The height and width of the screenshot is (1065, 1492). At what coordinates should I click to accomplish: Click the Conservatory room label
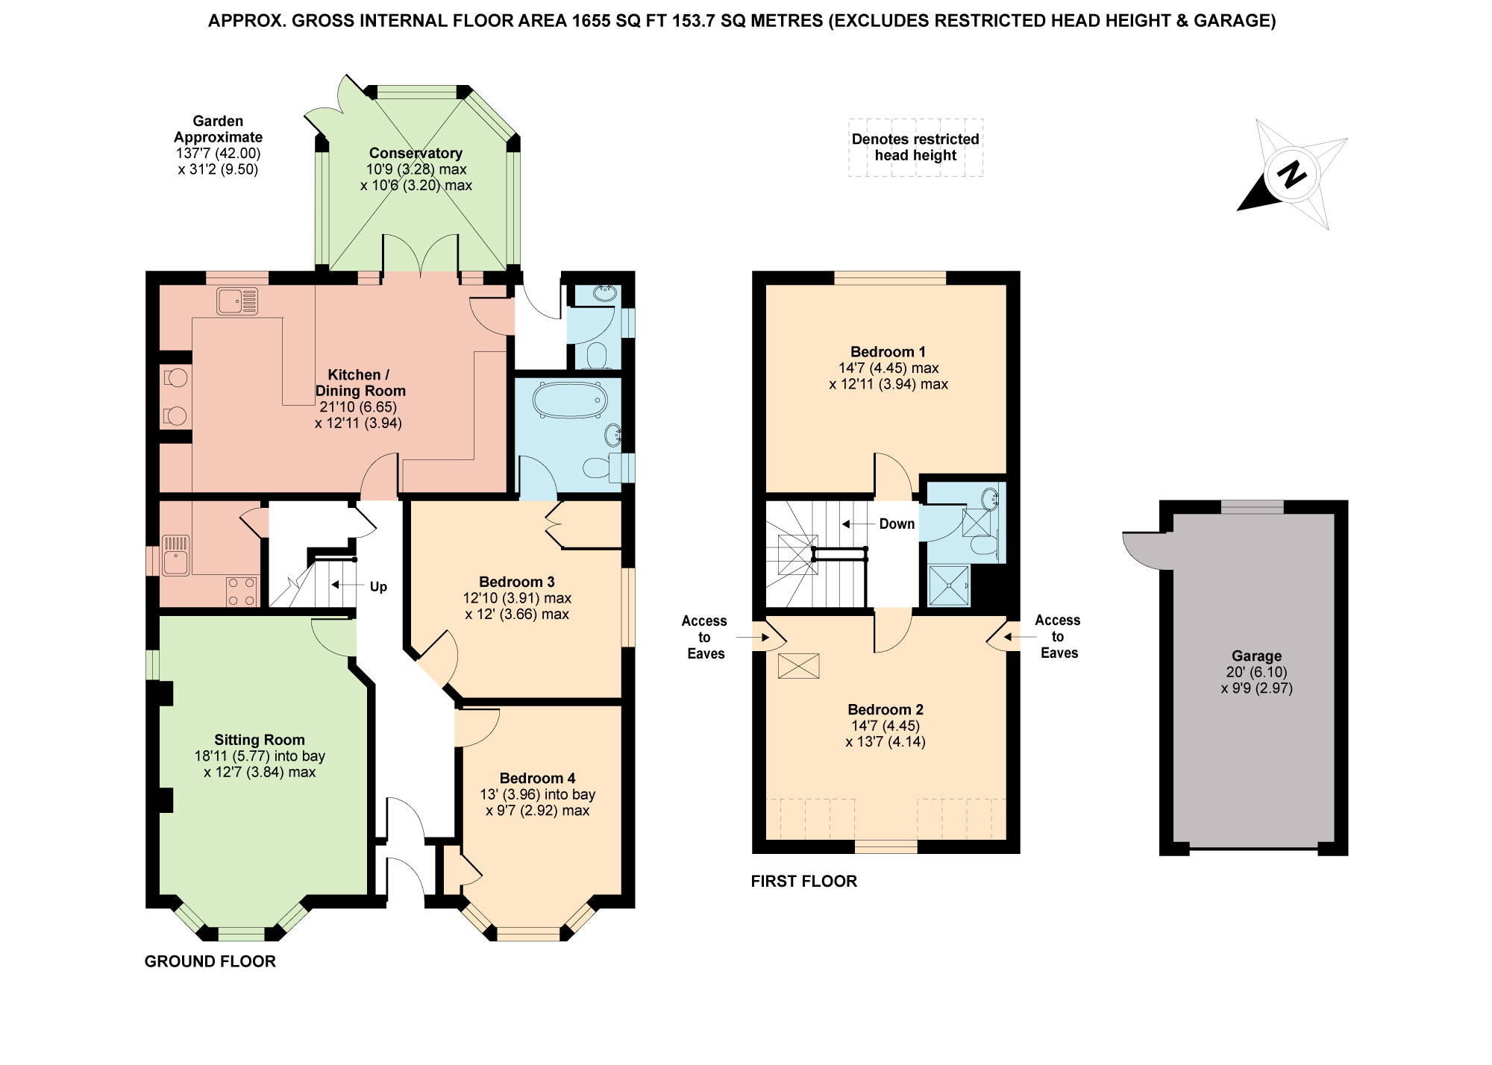(416, 153)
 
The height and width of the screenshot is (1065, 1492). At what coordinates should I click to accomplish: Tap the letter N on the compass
(1291, 175)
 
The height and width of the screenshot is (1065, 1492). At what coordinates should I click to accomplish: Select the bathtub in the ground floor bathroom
(568, 400)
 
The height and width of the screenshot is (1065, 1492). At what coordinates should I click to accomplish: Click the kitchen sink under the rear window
(237, 301)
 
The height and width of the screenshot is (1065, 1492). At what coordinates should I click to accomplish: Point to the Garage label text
(1256, 656)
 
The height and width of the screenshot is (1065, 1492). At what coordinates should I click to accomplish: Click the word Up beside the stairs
(378, 587)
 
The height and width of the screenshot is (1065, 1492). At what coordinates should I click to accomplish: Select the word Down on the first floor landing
(897, 524)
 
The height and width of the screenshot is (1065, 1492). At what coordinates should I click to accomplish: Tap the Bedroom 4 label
(537, 778)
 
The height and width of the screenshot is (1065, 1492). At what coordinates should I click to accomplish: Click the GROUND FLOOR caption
(210, 961)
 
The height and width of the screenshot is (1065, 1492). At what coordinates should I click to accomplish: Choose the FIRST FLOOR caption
(803, 881)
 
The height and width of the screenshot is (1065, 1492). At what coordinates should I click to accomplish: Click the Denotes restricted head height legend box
(915, 148)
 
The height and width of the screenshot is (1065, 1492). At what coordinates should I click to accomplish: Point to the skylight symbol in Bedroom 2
(798, 666)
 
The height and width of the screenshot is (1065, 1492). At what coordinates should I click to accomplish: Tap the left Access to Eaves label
(705, 637)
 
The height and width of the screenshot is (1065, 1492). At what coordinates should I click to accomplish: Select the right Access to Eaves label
(1059, 636)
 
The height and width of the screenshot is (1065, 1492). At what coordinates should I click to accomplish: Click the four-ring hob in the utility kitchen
(242, 591)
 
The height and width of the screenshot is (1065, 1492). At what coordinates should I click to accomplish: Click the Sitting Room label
(260, 740)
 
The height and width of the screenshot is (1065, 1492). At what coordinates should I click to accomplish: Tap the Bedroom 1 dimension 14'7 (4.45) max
(888, 368)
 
